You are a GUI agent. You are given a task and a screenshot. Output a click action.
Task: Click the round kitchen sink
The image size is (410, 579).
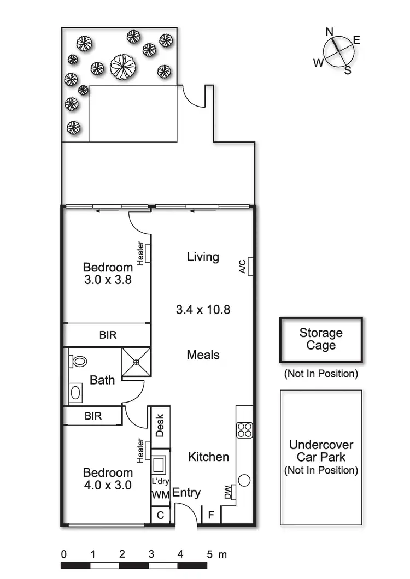[x=244, y=481]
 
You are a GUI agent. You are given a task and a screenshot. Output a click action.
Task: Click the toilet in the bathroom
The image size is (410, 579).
[x=79, y=362]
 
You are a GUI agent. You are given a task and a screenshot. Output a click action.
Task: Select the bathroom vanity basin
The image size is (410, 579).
[x=75, y=392]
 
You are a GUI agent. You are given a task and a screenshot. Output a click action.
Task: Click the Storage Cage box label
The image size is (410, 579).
[x=321, y=339]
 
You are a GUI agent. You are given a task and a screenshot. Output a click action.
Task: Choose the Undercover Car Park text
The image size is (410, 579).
[x=321, y=451]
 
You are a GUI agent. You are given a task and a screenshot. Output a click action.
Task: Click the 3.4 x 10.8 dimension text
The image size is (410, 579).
[x=203, y=310]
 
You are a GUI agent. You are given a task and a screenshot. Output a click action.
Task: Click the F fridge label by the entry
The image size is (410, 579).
[x=210, y=515]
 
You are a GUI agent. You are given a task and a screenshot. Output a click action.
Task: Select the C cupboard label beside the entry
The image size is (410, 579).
[x=160, y=515]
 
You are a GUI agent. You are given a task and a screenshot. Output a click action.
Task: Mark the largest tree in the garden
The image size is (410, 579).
[x=123, y=66]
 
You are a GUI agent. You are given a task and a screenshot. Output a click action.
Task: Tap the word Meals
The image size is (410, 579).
[x=203, y=355]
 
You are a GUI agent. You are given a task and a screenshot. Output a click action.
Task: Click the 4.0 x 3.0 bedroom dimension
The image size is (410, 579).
[x=107, y=486]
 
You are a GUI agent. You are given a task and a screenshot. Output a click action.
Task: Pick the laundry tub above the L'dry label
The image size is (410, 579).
[x=160, y=465]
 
